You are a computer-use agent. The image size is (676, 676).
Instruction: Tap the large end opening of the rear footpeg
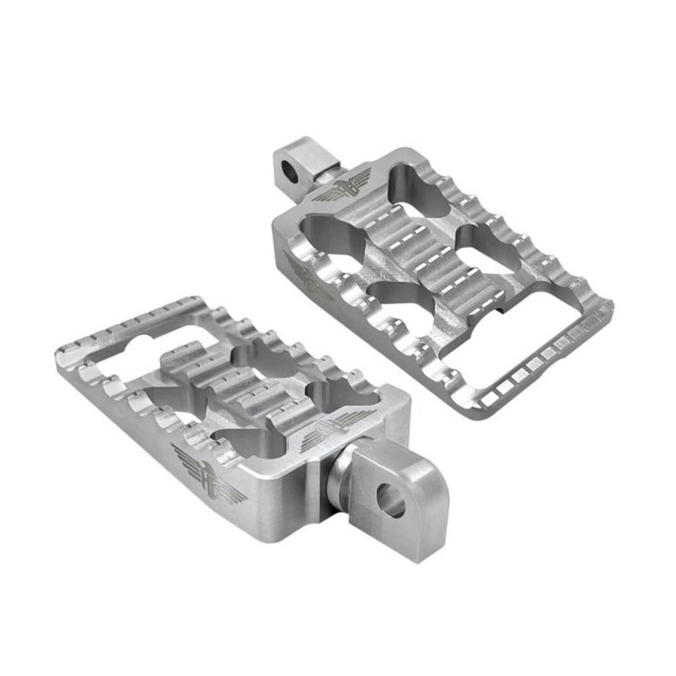point(514,322)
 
